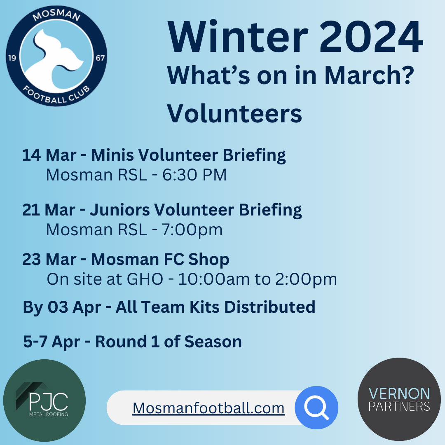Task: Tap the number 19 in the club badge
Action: tap(12, 58)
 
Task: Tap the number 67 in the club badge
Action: tap(100, 58)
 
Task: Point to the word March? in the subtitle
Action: tap(369, 75)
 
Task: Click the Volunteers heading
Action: tap(234, 113)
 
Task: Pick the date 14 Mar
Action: tap(49, 155)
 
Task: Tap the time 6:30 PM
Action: tap(194, 175)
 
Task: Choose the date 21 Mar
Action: tap(49, 210)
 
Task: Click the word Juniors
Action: tap(120, 210)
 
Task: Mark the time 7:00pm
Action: tap(192, 230)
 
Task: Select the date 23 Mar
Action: tap(49, 260)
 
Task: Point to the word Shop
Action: tap(208, 260)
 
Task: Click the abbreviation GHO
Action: tap(145, 279)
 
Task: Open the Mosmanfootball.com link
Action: tap(208, 408)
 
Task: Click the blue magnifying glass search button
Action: tap(316, 408)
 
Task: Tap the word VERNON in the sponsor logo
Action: tap(399, 393)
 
